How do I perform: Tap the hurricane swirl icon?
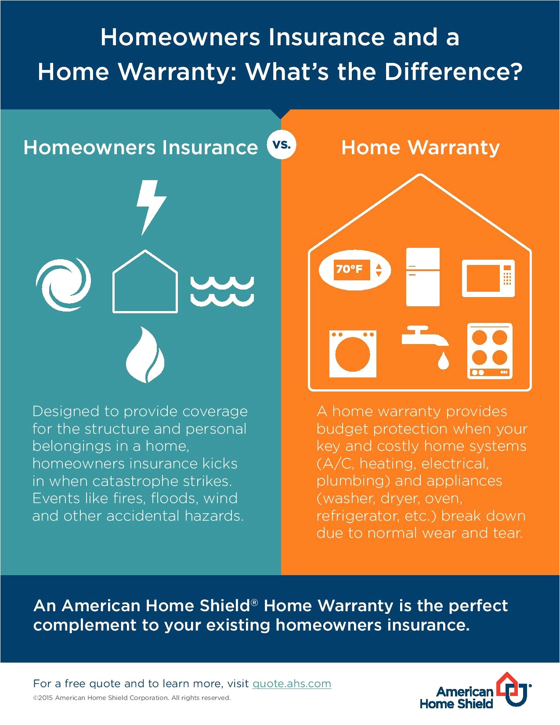63,285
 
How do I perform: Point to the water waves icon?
222,291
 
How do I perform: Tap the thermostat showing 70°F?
354,270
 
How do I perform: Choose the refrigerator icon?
423,277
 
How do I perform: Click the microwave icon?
488,278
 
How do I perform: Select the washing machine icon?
353,354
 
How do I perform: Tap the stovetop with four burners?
489,351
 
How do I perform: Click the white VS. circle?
282,145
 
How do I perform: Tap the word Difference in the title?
453,71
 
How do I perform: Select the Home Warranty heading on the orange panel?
420,148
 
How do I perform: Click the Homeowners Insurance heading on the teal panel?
141,147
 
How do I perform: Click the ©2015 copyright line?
132,698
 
